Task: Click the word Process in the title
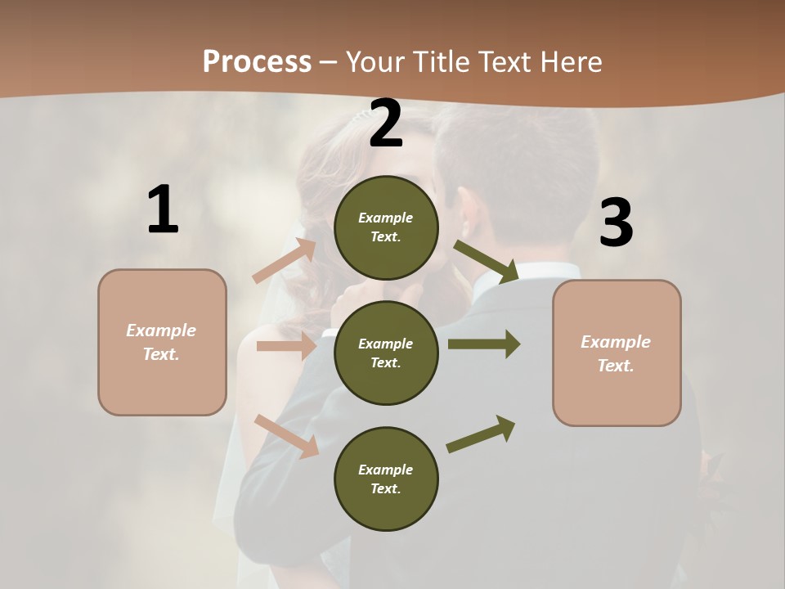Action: point(257,61)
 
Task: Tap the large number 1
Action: point(163,209)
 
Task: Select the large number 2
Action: point(386,124)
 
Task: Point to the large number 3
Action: point(616,223)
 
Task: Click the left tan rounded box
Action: point(162,342)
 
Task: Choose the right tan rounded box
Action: point(617,353)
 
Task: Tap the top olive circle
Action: point(386,227)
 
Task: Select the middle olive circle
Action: point(386,353)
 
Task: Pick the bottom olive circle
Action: point(386,479)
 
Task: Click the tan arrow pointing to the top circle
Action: point(285,261)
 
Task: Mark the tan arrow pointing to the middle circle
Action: point(286,346)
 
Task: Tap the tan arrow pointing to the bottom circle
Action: point(287,435)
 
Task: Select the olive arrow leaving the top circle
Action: point(486,261)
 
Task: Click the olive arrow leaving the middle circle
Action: point(483,344)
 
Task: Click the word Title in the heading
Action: point(444,61)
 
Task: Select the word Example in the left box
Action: point(161,330)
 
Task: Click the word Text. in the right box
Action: point(616,366)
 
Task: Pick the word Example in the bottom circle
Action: point(386,470)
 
